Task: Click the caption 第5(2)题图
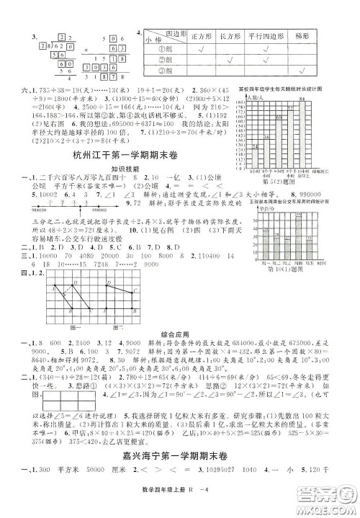tap(278, 182)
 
